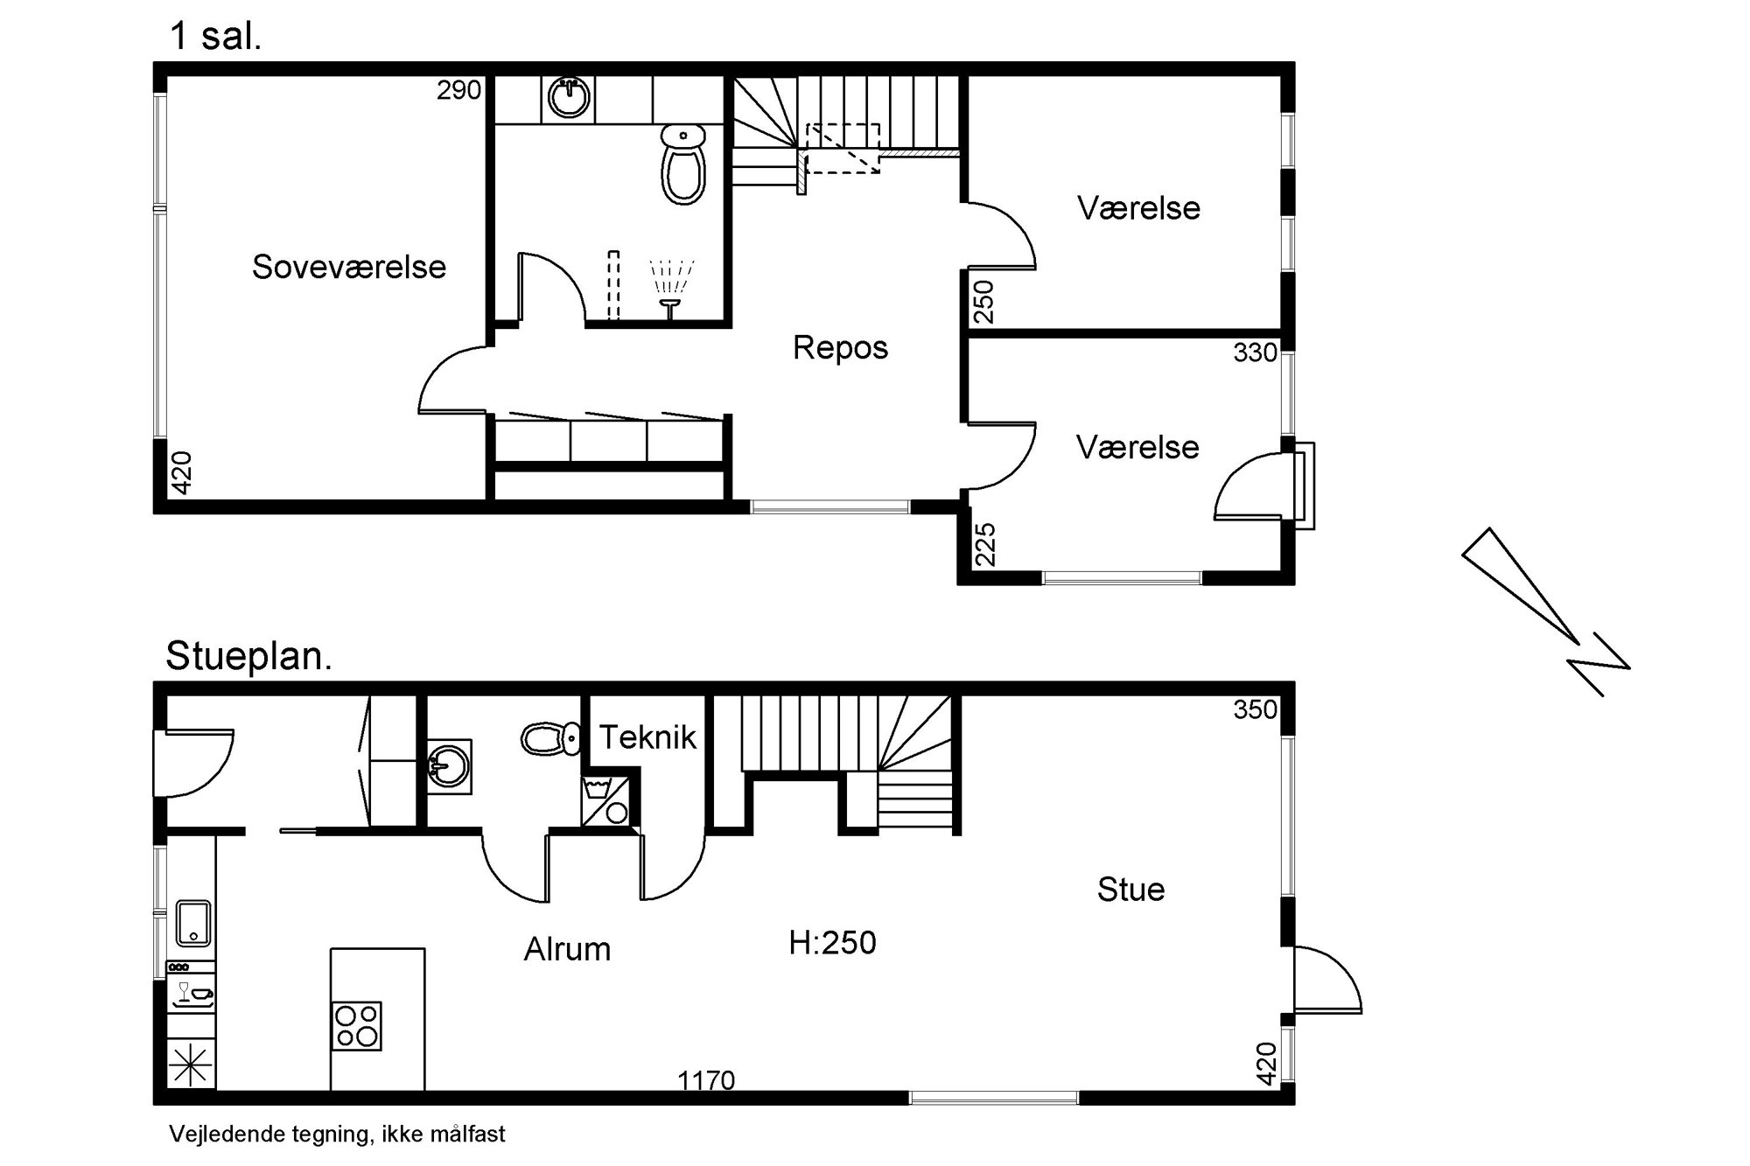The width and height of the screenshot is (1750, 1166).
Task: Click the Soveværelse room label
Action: tap(349, 267)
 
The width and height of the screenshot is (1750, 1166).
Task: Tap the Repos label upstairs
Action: tap(840, 348)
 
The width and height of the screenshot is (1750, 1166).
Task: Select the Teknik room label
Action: tap(647, 737)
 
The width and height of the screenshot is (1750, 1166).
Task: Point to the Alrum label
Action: tap(567, 949)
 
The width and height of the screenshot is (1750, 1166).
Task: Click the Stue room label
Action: tap(1130, 890)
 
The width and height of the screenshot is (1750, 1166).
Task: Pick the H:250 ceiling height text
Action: tap(832, 942)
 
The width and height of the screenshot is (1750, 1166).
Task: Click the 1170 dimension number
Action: tap(706, 1081)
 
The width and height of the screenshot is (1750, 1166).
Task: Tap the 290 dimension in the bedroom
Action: tap(459, 90)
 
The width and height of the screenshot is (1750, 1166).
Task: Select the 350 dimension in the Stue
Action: tap(1256, 709)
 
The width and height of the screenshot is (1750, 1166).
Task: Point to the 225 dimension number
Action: tap(984, 544)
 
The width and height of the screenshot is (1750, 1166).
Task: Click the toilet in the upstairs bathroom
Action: tap(683, 164)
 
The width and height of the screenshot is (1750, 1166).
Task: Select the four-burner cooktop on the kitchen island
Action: tap(356, 1025)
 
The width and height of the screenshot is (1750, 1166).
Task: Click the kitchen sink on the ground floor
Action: tap(193, 924)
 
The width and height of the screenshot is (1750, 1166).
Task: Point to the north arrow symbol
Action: tap(1545, 611)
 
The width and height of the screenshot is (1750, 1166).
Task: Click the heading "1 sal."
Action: tap(215, 38)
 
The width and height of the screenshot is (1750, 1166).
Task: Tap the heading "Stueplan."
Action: tap(249, 656)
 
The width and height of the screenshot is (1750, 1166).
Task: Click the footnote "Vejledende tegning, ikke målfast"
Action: tap(337, 1135)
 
